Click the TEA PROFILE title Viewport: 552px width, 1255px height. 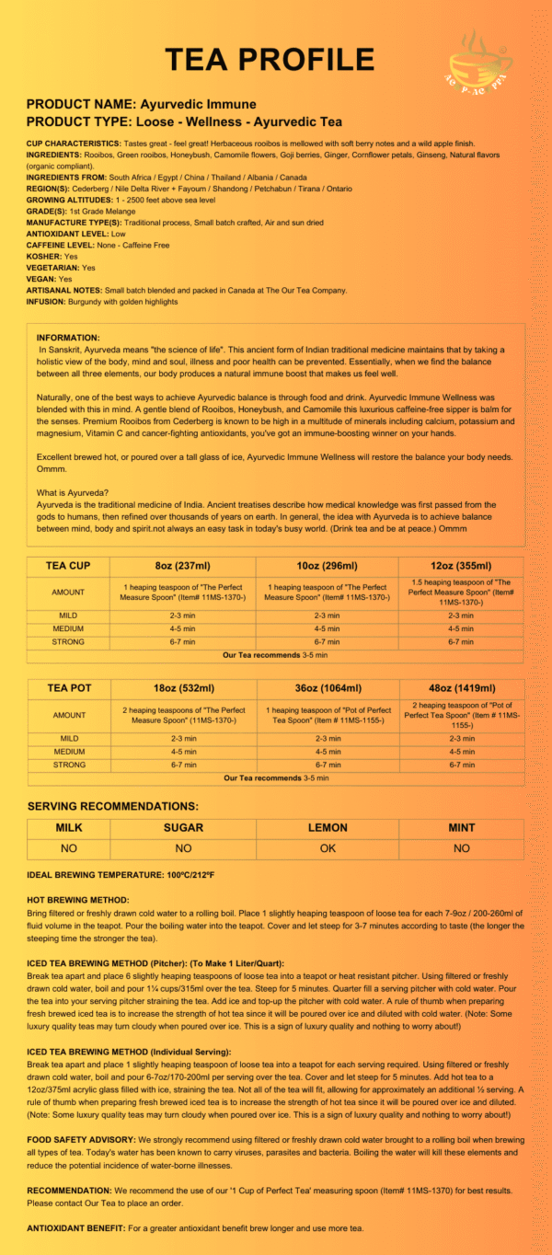pos(270,60)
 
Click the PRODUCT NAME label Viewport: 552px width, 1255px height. pos(81,104)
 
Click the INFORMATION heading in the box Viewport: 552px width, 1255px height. pos(69,338)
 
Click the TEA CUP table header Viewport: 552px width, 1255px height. pos(68,566)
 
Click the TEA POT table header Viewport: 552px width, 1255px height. pos(68,688)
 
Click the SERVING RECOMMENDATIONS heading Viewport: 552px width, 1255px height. pos(113,806)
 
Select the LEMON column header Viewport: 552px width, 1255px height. pos(328,828)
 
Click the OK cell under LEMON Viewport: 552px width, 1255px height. pos(328,848)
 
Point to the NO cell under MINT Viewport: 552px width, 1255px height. pos(461,848)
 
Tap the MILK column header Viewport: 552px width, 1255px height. pos(69,828)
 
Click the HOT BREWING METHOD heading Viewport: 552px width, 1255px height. pos(78,899)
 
